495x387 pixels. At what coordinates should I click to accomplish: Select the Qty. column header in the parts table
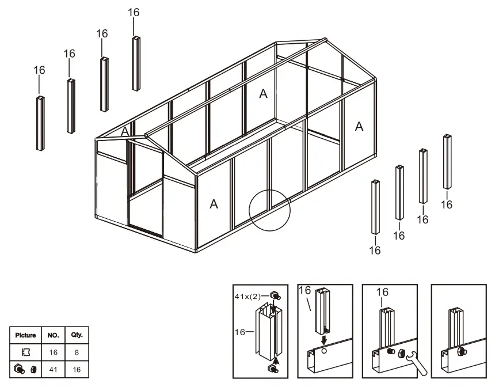(x=77, y=335)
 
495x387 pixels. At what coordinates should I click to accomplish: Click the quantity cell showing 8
(x=77, y=351)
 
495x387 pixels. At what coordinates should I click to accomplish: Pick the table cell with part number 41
(x=53, y=369)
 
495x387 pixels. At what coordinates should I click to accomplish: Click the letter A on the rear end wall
(x=359, y=126)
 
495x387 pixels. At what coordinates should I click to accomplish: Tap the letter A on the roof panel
(x=263, y=94)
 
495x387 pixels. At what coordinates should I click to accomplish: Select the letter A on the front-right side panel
(x=214, y=204)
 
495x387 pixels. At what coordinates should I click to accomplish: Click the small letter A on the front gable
(x=124, y=132)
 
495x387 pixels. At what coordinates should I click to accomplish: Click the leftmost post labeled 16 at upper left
(x=40, y=123)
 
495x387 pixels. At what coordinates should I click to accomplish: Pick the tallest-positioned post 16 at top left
(x=136, y=63)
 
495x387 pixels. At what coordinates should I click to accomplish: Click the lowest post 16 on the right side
(x=375, y=207)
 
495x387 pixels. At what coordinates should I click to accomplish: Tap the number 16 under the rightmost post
(x=447, y=204)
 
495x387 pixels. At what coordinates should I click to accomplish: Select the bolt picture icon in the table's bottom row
(x=25, y=369)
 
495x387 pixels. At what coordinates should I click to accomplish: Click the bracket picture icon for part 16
(x=25, y=351)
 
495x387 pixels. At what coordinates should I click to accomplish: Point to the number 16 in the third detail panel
(x=382, y=293)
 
